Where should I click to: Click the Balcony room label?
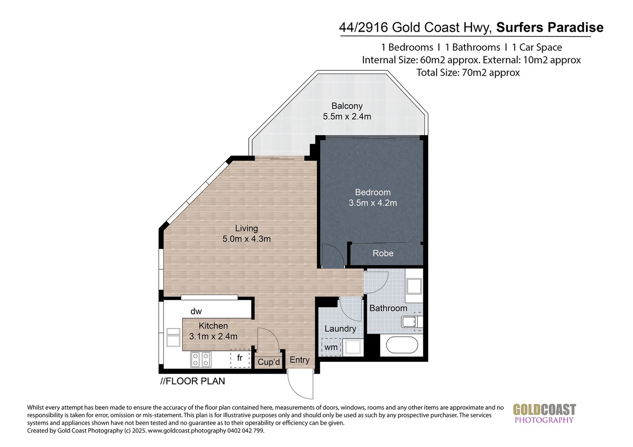point(347,106)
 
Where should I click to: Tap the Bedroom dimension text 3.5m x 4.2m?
point(373,203)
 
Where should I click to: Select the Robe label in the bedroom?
point(383,253)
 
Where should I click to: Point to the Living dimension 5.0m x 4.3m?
point(246,239)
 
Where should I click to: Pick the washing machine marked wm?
point(331,347)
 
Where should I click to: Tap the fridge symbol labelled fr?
point(240,358)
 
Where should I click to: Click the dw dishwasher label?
point(196,311)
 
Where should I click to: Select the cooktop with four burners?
point(201,359)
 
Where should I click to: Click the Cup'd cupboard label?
point(269,362)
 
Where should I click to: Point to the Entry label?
point(299,360)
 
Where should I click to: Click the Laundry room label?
point(340,329)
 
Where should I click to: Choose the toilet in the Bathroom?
point(411,322)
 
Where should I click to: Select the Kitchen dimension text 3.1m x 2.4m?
point(213,336)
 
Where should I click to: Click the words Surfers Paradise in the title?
point(549,27)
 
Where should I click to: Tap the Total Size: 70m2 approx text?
point(468,73)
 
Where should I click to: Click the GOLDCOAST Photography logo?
point(544,413)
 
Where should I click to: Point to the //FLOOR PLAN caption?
point(193,381)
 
